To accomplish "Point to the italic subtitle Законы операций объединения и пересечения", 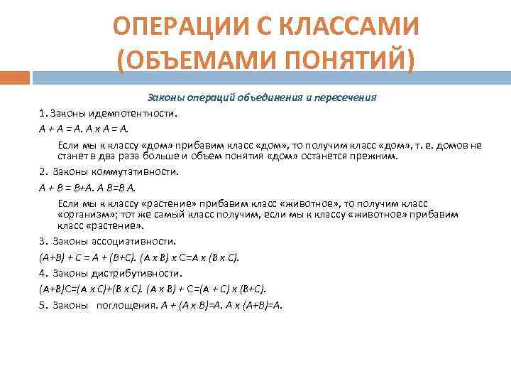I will tap(261, 97).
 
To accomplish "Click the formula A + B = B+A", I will tap(67, 188).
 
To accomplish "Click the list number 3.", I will tap(43, 241).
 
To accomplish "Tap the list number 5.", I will tap(43, 304).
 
